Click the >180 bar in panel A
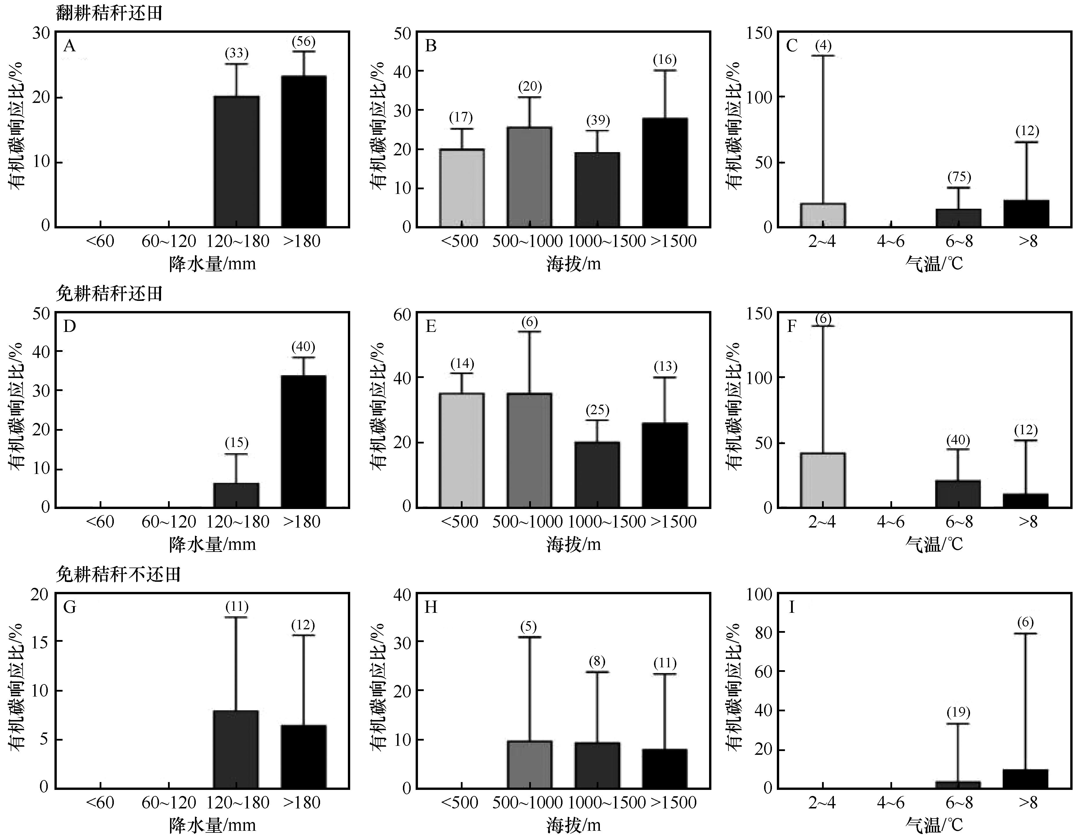pyautogui.click(x=304, y=151)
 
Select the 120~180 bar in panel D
pyautogui.click(x=236, y=495)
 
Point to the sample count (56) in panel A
pyautogui.click(x=304, y=42)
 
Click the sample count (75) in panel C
pyautogui.click(x=958, y=177)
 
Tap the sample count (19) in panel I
pyautogui.click(x=958, y=712)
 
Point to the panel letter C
pyautogui.click(x=792, y=46)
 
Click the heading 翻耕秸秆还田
pyautogui.click(x=109, y=13)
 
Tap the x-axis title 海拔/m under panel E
pyautogui.click(x=574, y=544)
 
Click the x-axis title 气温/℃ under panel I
pyautogui.click(x=934, y=825)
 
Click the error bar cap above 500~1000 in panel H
pyautogui.click(x=529, y=637)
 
